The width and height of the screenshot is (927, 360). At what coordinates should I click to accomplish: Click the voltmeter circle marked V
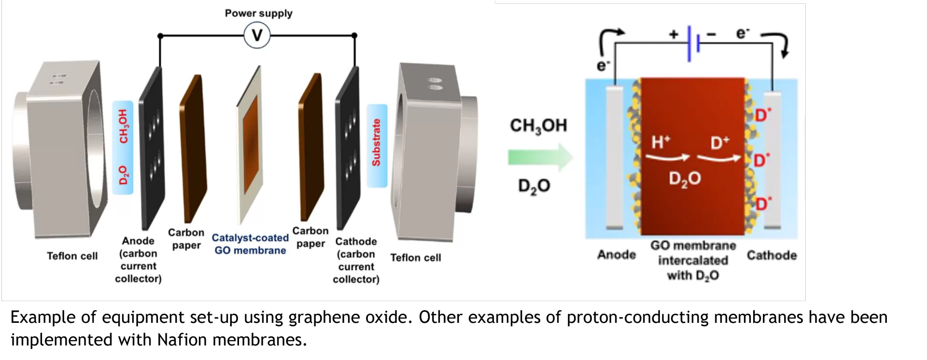[x=257, y=36]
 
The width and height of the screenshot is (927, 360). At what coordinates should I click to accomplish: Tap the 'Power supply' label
[x=258, y=14]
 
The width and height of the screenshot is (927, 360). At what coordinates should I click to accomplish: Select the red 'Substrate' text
[x=377, y=142]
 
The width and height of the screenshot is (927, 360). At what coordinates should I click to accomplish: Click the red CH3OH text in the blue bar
[x=124, y=126]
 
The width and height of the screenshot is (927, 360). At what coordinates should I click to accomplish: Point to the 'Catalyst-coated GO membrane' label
[x=250, y=244]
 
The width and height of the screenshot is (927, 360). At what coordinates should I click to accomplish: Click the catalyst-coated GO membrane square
[x=251, y=145]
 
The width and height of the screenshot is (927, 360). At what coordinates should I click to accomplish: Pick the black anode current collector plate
[x=152, y=147]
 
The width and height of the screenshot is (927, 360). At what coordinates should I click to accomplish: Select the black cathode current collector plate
[x=348, y=147]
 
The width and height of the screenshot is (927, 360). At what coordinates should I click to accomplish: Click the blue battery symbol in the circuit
[x=693, y=44]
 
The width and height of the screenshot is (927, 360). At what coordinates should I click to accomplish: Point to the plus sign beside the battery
[x=674, y=34]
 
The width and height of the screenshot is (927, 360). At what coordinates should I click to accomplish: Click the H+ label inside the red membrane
[x=660, y=142]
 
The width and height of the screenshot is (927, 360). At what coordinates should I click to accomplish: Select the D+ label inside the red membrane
[x=720, y=143]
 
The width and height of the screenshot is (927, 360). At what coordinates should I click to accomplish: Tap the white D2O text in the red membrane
[x=685, y=179]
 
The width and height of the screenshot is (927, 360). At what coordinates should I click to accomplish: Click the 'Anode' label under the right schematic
[x=616, y=255]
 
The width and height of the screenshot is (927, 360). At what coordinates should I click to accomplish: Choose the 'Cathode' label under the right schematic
[x=772, y=255]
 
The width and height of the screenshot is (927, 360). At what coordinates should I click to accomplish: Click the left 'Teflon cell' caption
[x=72, y=256]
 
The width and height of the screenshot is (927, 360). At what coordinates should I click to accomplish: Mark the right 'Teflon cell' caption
[x=415, y=258]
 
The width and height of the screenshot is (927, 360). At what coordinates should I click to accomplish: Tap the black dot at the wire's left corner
[x=160, y=36]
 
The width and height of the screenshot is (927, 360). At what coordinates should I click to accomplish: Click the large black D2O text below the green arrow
[x=534, y=186]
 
